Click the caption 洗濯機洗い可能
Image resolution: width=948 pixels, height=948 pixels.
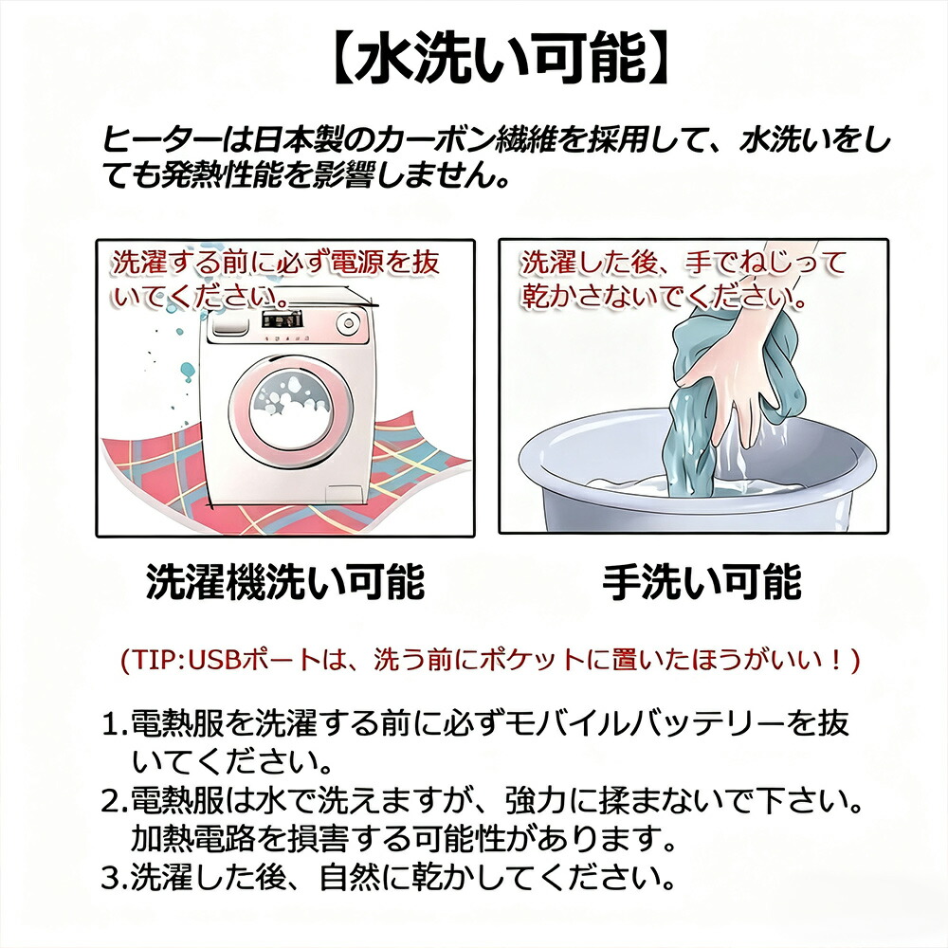[x=285, y=582]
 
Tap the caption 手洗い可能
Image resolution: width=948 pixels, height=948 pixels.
[x=702, y=582]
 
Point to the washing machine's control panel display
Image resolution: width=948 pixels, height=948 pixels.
[x=283, y=319]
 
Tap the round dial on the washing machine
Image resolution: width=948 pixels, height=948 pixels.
[x=347, y=323]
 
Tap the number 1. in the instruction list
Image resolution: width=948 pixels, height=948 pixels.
[x=115, y=724]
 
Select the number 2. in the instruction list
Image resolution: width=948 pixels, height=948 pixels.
[x=115, y=802]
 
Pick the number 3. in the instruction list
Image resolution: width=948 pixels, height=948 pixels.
[x=115, y=879]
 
